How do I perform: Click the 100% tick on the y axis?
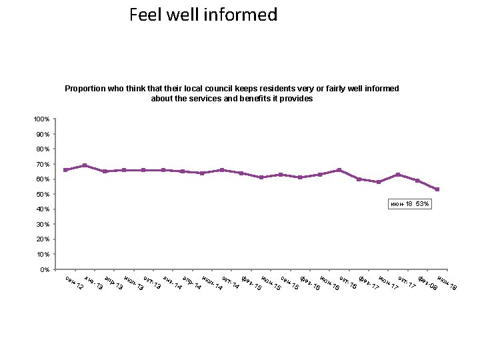click(41, 119)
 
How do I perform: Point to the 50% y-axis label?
click(43, 194)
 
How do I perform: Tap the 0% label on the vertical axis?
click(44, 269)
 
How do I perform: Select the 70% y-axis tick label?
click(43, 164)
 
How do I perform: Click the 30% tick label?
click(43, 224)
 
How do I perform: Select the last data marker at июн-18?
click(437, 189)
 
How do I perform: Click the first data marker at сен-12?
click(65, 170)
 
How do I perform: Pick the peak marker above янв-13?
click(85, 165)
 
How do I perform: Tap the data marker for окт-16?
click(339, 170)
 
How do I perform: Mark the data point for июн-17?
click(379, 182)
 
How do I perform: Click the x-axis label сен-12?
click(74, 283)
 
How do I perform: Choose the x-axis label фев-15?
click(251, 283)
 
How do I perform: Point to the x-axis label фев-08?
click(427, 283)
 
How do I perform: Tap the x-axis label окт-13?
click(153, 283)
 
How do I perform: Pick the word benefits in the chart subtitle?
click(250, 98)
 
